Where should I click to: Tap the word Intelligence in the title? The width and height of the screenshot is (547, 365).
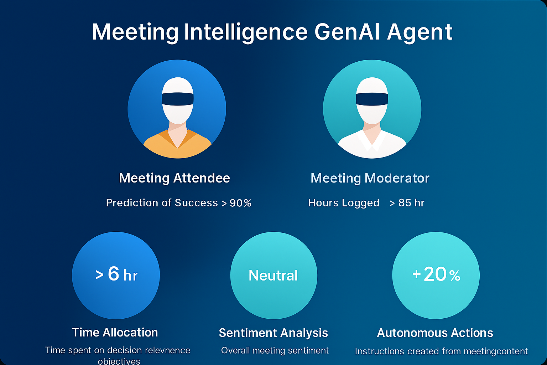(x=246, y=32)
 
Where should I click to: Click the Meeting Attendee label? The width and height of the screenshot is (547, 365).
(x=174, y=178)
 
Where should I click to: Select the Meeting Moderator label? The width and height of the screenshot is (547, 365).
(x=370, y=178)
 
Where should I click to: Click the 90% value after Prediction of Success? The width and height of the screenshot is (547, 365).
(x=240, y=203)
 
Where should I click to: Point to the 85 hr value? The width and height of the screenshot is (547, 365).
(x=411, y=203)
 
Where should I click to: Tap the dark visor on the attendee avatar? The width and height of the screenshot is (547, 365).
(x=178, y=99)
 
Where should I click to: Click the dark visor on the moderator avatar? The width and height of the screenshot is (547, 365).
(x=372, y=99)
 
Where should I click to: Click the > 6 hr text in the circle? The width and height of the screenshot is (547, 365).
(x=116, y=274)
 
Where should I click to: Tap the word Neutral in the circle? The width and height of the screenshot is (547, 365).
(x=273, y=276)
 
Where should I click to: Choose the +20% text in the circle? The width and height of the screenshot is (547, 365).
(x=436, y=274)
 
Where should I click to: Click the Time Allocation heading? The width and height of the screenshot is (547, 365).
(x=115, y=332)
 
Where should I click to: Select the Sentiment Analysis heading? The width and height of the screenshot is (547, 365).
(x=273, y=333)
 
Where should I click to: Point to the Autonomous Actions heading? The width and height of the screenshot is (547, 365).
(x=435, y=333)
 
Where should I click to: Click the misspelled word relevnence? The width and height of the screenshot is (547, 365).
(x=168, y=350)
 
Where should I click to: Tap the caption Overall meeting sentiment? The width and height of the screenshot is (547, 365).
(x=275, y=350)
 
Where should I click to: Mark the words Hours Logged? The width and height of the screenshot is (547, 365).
(x=344, y=203)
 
